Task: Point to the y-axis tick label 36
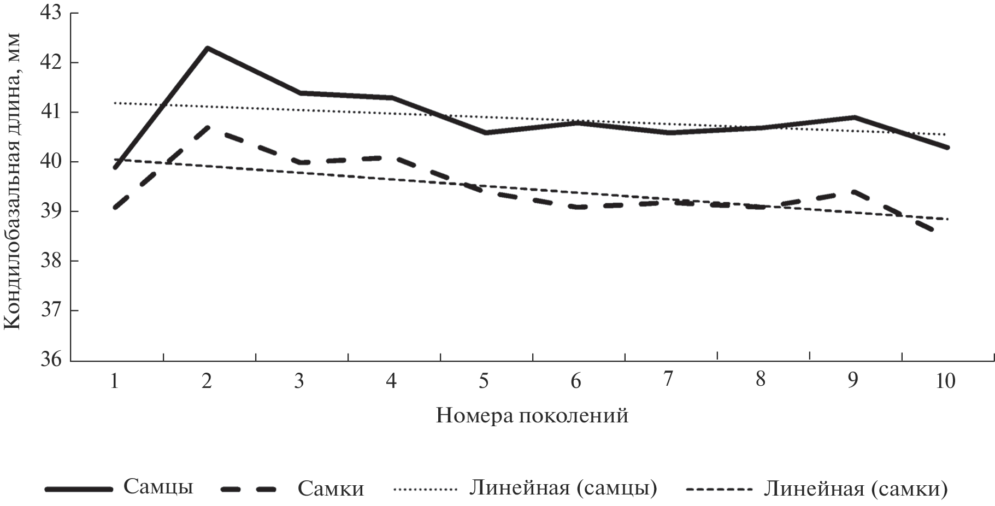51,361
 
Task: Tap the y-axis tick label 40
51,162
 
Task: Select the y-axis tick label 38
51,261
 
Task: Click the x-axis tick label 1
114,380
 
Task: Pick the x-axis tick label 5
484,380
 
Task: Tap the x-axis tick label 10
945,380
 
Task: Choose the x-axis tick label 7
668,379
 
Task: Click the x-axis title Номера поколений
532,416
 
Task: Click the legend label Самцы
158,486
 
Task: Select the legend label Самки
331,489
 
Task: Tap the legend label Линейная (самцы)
563,488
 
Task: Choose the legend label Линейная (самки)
855,488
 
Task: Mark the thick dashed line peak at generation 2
208,127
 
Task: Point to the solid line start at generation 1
115,168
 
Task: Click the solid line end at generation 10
947,148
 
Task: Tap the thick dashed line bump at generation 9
853,191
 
